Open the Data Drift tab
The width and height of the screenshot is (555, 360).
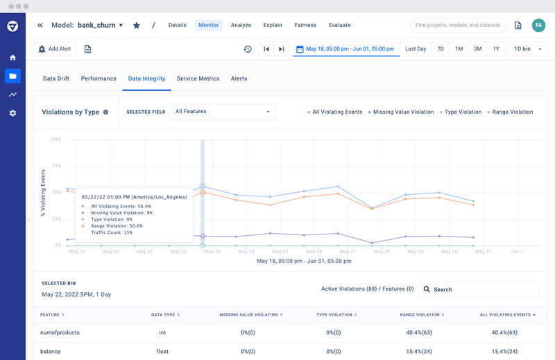click(56, 79)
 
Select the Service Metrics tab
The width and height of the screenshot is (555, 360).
click(198, 79)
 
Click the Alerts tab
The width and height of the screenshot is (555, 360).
click(239, 79)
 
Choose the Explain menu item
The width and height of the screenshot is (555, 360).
click(273, 26)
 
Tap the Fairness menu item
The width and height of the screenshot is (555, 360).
click(305, 26)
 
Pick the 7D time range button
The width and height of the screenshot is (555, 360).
click(441, 49)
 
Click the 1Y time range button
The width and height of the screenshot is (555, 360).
click(496, 49)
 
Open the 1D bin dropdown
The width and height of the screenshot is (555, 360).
click(528, 49)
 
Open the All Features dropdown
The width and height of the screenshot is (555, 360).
click(223, 112)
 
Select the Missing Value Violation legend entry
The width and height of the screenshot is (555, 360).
click(402, 112)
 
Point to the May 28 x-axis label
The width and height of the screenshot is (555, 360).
click(382, 252)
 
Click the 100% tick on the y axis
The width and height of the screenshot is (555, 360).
click(55, 139)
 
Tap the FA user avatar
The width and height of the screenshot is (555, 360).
click(538, 26)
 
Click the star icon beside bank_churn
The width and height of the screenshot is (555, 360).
click(137, 26)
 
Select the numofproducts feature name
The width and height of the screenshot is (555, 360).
click(60, 333)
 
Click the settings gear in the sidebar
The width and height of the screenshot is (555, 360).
click(12, 113)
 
